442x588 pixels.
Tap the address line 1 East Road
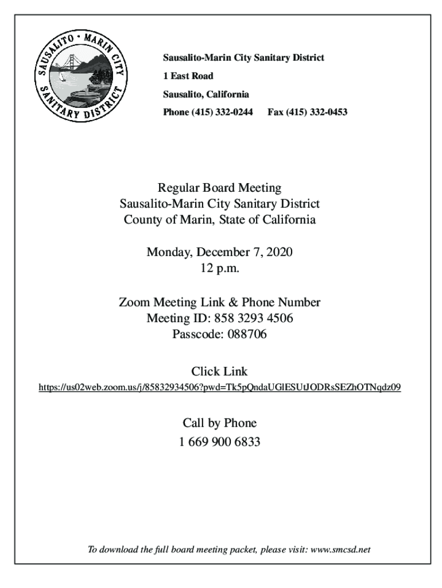(188, 76)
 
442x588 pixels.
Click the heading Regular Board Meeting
(220, 187)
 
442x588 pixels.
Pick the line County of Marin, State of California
(220, 219)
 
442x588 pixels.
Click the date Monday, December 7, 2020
(220, 252)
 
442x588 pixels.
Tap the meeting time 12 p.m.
(220, 268)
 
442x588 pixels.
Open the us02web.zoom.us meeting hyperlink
(220, 388)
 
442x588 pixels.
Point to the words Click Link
(220, 371)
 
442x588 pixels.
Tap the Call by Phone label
(220, 423)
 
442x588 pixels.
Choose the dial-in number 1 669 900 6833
(220, 442)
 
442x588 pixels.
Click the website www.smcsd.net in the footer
(343, 550)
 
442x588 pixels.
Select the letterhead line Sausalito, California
(206, 94)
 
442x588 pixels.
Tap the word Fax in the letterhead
(275, 112)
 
